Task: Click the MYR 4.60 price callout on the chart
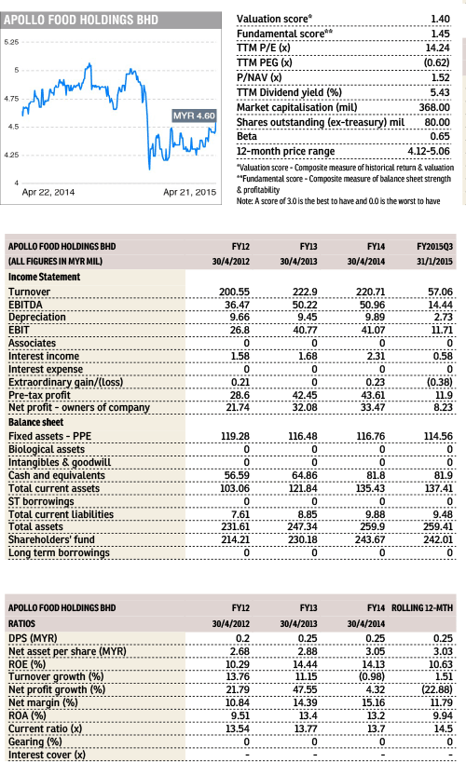pos(194,116)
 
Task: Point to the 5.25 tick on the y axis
pos(11,42)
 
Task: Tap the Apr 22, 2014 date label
pos(48,192)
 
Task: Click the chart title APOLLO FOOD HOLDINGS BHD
pos(81,20)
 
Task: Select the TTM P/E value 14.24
pos(438,48)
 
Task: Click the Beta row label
pos(247,136)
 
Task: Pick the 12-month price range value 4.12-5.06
pos(429,151)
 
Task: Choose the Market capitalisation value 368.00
pos(434,107)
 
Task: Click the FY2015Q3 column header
pos(434,246)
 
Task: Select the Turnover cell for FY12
pos(234,292)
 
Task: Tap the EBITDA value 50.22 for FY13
pos(305,305)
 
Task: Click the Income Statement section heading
pos(44,277)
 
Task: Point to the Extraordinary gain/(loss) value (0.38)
pos(439,382)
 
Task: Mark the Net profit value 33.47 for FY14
pos(373,407)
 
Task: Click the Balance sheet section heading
pos(36,422)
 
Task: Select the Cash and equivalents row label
pos(57,475)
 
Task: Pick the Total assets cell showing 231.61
pos(235,527)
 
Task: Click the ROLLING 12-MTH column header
pos(422,608)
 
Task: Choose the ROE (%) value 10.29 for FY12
pos(238,664)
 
